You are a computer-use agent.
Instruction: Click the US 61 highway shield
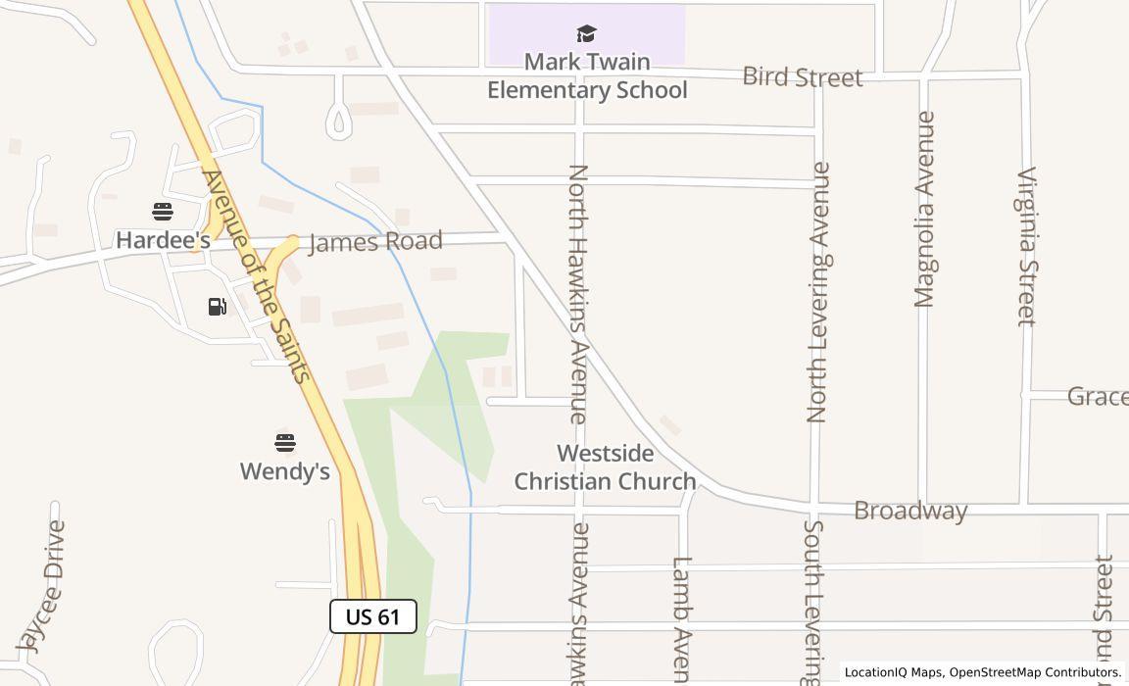pyautogui.click(x=373, y=616)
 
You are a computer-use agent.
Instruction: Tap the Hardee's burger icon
pyautogui.click(x=163, y=212)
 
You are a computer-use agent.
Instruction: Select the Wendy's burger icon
pyautogui.click(x=285, y=443)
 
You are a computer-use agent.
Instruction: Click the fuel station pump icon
pyautogui.click(x=218, y=307)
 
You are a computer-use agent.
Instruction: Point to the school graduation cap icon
pyautogui.click(x=586, y=35)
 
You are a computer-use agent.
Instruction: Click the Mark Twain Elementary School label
pyautogui.click(x=587, y=76)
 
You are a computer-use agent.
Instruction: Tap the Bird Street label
pyautogui.click(x=802, y=76)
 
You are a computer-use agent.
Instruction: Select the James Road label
pyautogui.click(x=375, y=241)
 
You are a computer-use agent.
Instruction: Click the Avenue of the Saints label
pyautogui.click(x=256, y=276)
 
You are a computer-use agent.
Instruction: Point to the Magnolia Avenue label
pyautogui.click(x=924, y=210)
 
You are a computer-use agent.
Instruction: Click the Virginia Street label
pyautogui.click(x=1026, y=246)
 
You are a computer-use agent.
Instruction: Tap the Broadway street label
pyautogui.click(x=910, y=511)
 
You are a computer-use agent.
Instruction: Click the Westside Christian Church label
pyautogui.click(x=605, y=467)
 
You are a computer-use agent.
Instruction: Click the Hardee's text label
pyautogui.click(x=163, y=240)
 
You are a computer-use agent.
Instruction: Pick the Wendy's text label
pyautogui.click(x=285, y=471)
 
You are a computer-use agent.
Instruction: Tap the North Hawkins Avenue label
pyautogui.click(x=578, y=294)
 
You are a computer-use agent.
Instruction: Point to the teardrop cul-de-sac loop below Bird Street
pyautogui.click(x=339, y=121)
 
